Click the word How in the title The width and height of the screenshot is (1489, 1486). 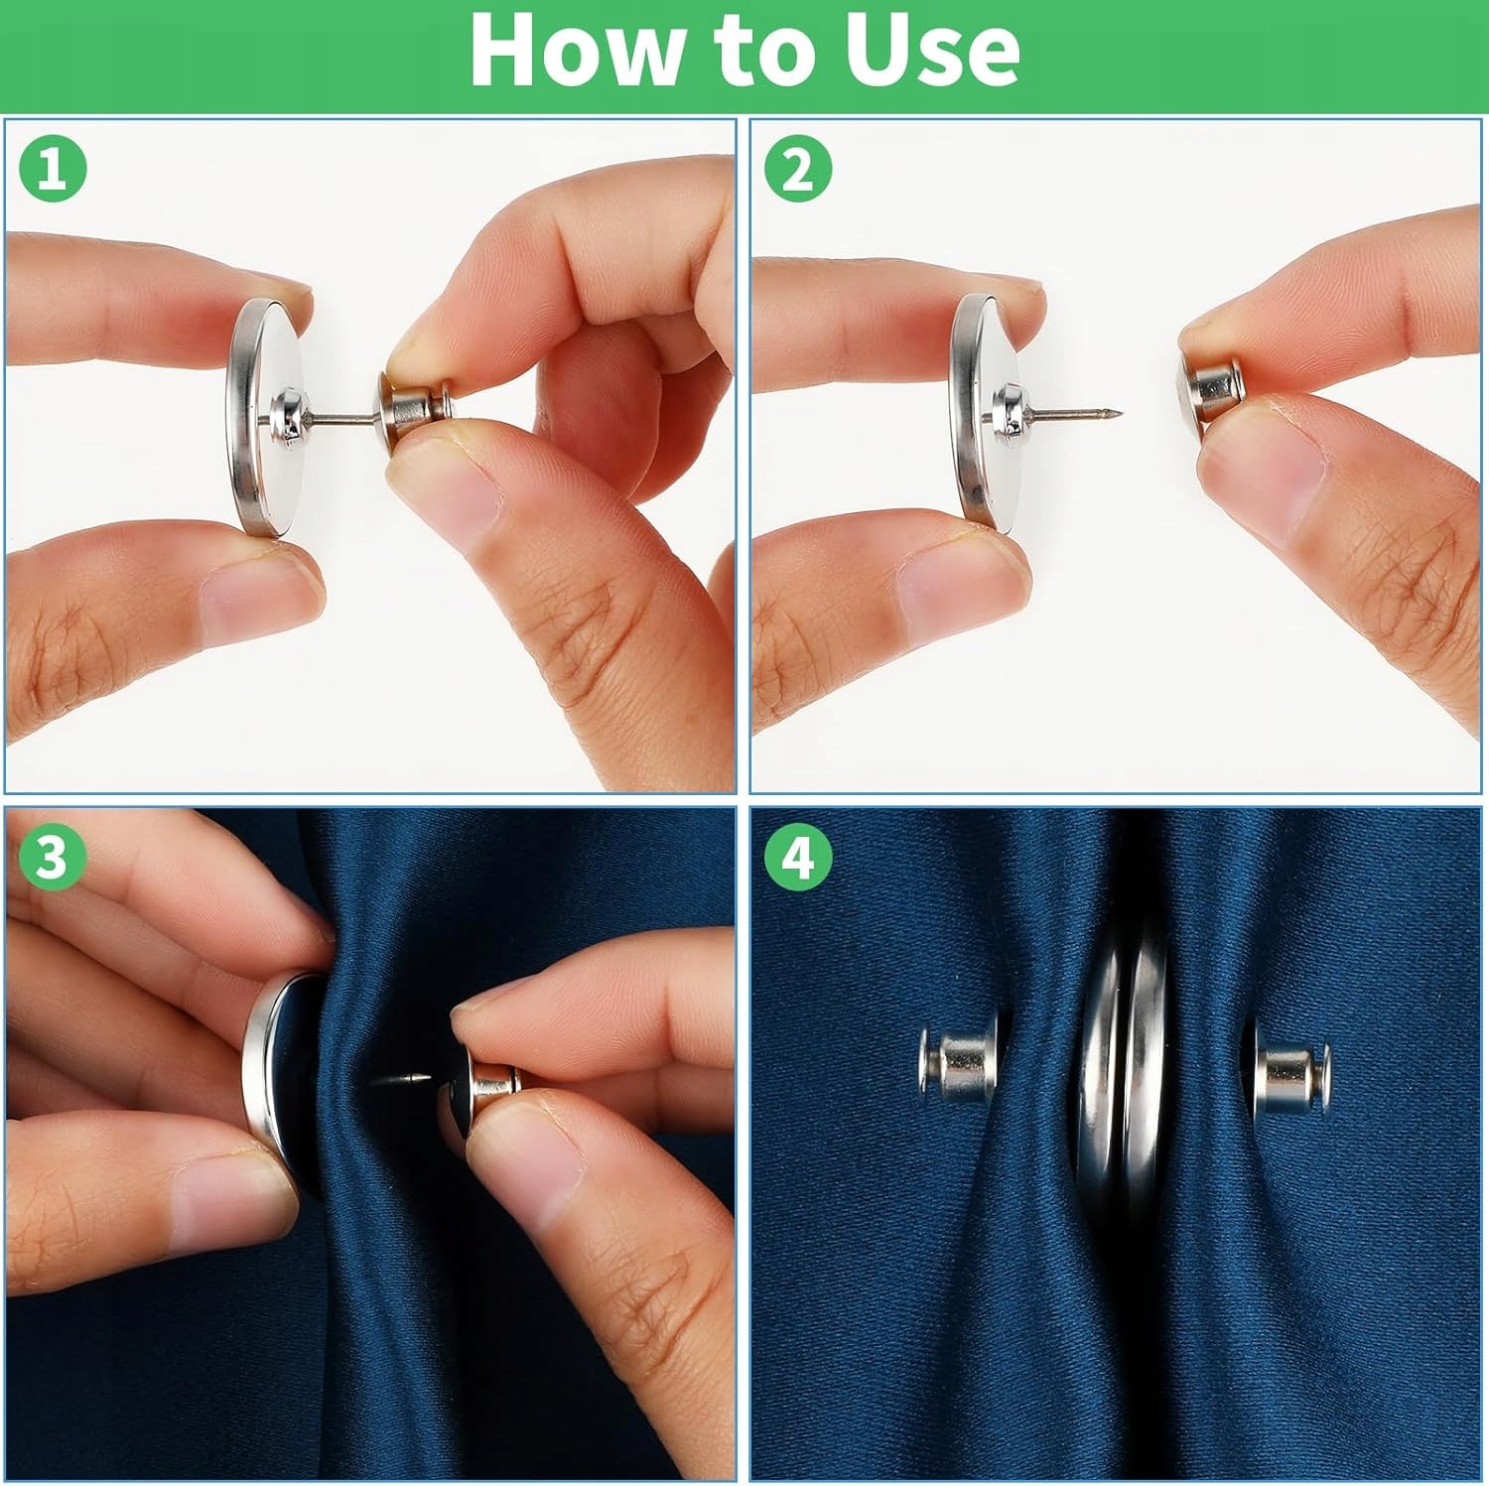coord(581,50)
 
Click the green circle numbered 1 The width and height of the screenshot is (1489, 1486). coord(53,168)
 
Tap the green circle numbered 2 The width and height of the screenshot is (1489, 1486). coord(798,168)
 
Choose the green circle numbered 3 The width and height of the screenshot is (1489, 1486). coord(53,856)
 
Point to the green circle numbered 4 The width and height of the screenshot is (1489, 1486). coord(798,856)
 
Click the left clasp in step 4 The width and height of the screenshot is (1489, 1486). coord(956,1065)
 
